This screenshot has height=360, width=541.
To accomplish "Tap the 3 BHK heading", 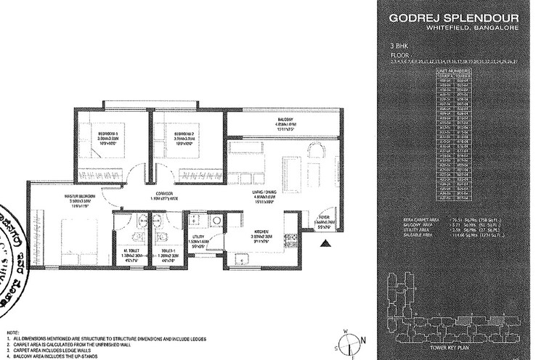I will coord(399,46).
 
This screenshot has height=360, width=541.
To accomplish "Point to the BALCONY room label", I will coord(284,119).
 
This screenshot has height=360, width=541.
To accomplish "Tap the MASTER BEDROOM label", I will coord(60,198).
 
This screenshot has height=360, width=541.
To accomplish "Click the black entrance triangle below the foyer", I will coord(327,243).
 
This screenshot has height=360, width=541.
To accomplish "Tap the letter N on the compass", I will coord(361,339).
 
